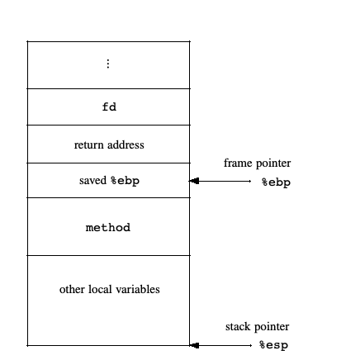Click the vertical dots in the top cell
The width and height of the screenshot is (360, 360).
coord(108,64)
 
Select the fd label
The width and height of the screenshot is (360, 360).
coord(109,107)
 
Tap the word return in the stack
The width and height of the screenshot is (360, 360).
coord(90,145)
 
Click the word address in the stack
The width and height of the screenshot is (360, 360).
coord(126,144)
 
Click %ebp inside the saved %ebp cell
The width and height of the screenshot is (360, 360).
coord(126,182)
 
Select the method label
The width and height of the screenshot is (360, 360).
coord(108,228)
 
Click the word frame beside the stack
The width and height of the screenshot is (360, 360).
coord(239,163)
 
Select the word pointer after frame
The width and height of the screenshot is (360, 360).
coord(273,163)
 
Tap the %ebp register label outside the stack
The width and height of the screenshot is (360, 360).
coord(276,182)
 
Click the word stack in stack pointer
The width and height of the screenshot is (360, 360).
coord(239,327)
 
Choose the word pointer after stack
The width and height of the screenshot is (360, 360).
coord(272,327)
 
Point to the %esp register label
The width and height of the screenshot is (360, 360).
coord(274,345)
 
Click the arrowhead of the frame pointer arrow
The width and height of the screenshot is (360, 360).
coord(194,181)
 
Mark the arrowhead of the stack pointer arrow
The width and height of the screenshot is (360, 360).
coord(194,345)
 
